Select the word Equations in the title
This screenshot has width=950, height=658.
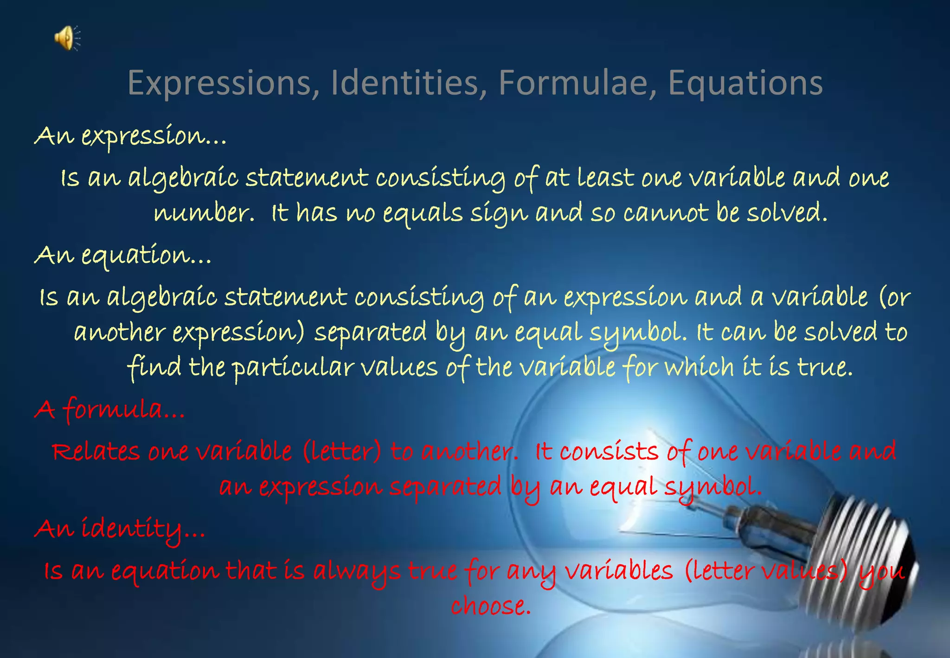[745, 83]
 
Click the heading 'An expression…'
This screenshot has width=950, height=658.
[130, 136]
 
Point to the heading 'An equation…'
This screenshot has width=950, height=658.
[123, 256]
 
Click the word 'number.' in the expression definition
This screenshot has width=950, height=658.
[204, 213]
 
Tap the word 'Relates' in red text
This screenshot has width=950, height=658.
[96, 452]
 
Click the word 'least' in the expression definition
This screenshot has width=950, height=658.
[605, 178]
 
